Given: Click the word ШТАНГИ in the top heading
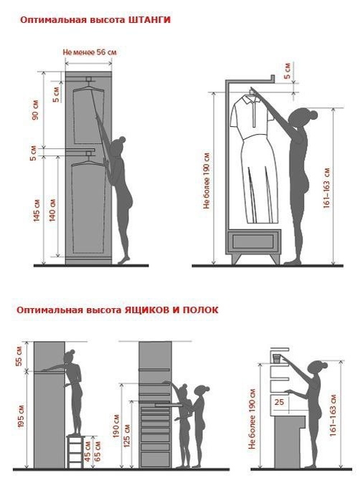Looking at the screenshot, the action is click(149, 19).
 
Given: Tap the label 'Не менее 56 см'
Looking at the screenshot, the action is click(90, 52).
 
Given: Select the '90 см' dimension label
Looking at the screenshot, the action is click(35, 110).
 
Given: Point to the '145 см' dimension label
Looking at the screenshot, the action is click(37, 211).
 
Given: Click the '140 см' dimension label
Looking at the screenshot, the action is click(52, 211).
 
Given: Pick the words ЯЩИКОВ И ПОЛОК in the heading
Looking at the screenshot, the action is click(171, 310).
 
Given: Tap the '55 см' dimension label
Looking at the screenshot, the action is click(19, 355).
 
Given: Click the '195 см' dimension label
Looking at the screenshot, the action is click(21, 417).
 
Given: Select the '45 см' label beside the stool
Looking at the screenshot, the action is click(87, 451).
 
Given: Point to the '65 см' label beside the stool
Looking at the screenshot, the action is click(97, 450).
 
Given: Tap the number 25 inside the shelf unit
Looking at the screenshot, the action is click(280, 402).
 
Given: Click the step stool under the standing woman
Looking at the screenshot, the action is click(75, 451).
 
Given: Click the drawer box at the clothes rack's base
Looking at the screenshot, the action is click(253, 241).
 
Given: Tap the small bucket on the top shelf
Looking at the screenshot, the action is click(277, 358).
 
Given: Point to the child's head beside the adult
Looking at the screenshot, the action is click(183, 391).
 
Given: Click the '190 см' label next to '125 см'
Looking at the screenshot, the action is click(116, 426).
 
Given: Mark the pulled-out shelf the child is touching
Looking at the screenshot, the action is click(169, 405).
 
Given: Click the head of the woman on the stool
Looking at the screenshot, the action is click(70, 355).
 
